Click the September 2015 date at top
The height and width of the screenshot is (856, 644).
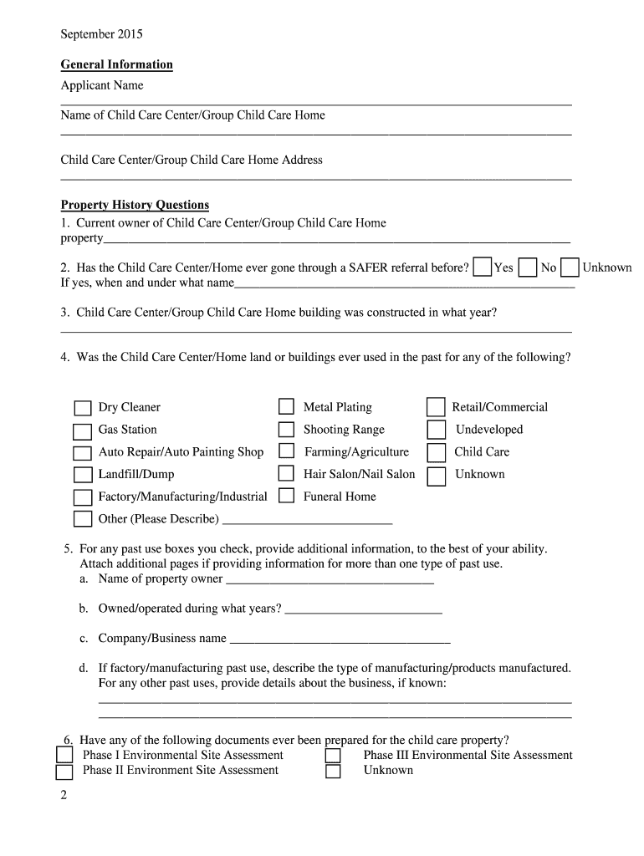point(101,34)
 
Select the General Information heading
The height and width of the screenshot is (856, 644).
point(116,64)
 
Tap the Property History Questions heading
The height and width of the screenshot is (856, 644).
point(135,205)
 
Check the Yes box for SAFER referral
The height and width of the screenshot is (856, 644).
point(482,267)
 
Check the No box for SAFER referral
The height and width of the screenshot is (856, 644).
point(527,267)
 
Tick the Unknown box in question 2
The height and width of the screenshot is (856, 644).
point(570,267)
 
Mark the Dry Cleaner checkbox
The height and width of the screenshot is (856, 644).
point(82,408)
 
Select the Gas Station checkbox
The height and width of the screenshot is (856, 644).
point(82,431)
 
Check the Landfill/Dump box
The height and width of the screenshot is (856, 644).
point(82,475)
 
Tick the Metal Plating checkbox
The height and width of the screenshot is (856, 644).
point(287,407)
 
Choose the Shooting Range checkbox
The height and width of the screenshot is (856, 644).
point(287,430)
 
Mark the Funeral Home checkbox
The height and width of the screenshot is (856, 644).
point(287,496)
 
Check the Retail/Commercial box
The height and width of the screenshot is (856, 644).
point(436,407)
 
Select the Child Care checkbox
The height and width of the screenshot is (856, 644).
point(436,452)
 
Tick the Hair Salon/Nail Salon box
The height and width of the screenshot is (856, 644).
point(287,474)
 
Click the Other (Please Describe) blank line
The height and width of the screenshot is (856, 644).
point(307,520)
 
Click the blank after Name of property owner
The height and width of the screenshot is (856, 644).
point(330,580)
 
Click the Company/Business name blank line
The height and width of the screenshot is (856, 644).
point(340,640)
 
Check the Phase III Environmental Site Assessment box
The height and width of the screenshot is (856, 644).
point(333,756)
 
